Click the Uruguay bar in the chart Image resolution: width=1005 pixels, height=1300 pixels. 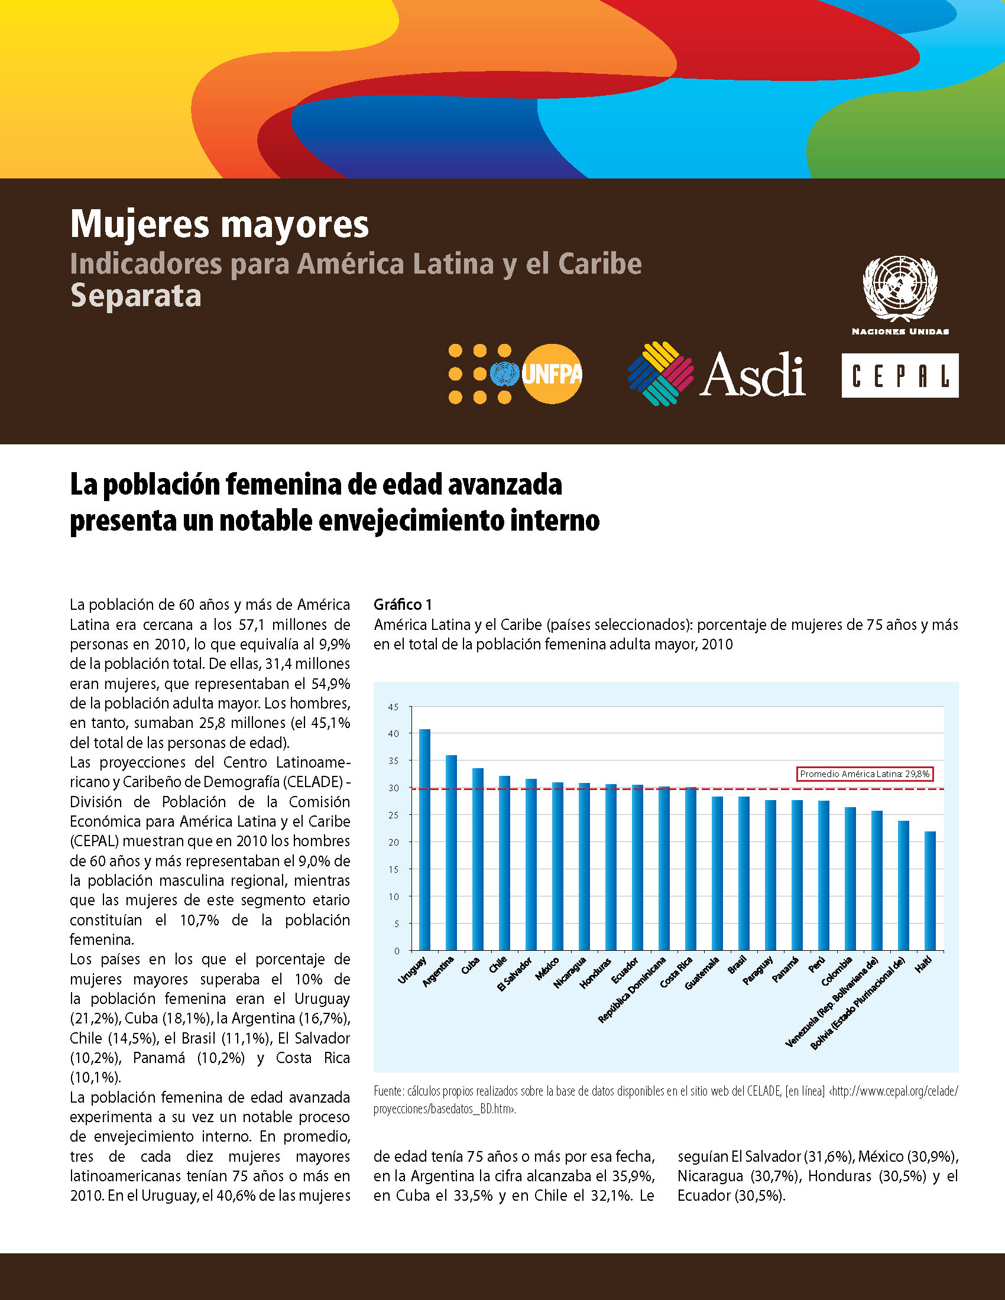click(424, 839)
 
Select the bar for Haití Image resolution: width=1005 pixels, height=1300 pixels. click(930, 890)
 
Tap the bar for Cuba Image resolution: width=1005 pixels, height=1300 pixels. click(478, 859)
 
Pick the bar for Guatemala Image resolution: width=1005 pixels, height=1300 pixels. click(718, 873)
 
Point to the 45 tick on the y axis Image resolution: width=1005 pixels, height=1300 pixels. click(393, 707)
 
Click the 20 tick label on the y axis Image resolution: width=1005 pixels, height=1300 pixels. click(393, 842)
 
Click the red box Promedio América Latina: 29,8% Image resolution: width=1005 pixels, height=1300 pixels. click(864, 774)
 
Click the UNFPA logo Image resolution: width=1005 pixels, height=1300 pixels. click(515, 375)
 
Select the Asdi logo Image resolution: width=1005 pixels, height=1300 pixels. click(717, 374)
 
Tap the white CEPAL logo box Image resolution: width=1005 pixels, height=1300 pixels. click(900, 375)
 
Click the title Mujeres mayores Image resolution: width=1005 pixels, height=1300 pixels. click(220, 225)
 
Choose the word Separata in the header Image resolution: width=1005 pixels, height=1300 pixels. click(136, 295)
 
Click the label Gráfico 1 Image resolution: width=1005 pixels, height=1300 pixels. click(403, 604)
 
